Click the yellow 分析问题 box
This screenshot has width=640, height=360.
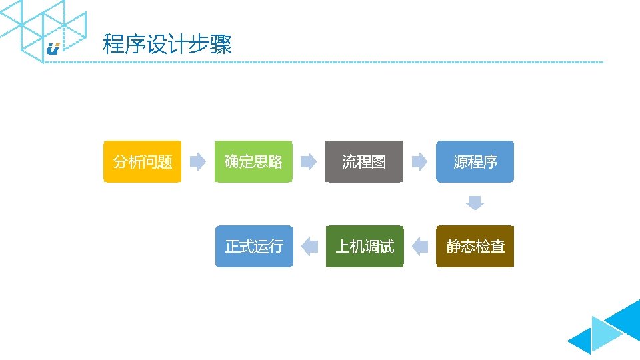click(x=142, y=161)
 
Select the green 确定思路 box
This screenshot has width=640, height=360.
click(x=253, y=161)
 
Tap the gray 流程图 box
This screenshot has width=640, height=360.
click(x=364, y=161)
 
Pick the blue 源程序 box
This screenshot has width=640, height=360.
click(x=475, y=161)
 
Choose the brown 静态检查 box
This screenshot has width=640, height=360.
click(x=475, y=247)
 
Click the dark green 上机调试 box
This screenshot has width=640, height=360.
click(x=365, y=247)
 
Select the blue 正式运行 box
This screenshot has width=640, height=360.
click(x=254, y=247)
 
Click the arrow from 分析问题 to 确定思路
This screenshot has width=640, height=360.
click(x=197, y=161)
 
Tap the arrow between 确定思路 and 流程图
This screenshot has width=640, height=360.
click(x=308, y=161)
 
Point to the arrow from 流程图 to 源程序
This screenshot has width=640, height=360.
click(x=419, y=161)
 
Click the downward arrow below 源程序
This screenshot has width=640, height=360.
click(x=475, y=203)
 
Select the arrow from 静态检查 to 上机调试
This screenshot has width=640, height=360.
click(x=419, y=247)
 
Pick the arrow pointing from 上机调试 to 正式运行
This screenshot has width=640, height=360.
click(x=309, y=247)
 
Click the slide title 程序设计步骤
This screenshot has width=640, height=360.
click(x=167, y=45)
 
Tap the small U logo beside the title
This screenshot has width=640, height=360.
click(x=53, y=48)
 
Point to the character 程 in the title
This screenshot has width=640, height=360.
click(x=113, y=45)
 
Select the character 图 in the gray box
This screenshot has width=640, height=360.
click(x=379, y=161)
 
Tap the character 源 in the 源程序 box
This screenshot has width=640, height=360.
click(x=461, y=161)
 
